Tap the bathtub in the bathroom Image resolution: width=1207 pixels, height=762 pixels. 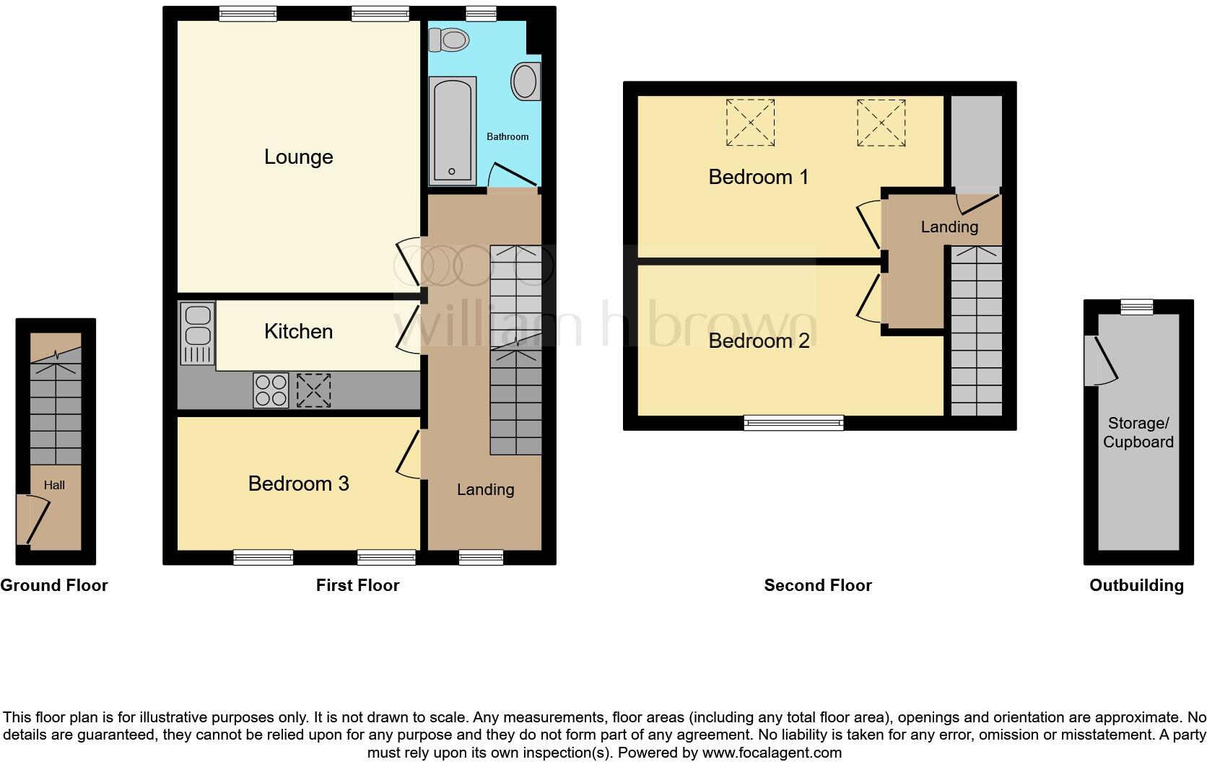click(453, 130)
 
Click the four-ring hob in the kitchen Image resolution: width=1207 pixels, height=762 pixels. click(271, 390)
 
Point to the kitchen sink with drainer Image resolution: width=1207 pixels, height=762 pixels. click(197, 333)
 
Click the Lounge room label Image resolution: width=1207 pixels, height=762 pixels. click(298, 157)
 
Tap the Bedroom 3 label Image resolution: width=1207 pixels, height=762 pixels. click(298, 483)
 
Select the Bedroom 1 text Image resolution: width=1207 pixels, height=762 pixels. click(758, 177)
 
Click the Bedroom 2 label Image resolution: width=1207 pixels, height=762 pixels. click(759, 341)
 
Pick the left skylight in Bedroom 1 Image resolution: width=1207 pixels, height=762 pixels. click(750, 123)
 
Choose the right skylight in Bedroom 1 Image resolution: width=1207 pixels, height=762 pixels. click(881, 123)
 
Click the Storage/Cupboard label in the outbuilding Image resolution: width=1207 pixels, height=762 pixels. click(1138, 432)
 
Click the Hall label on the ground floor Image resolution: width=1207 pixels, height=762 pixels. click(54, 485)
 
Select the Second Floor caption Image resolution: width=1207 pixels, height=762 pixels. click(817, 585)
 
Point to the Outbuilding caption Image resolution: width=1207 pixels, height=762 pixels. click(1136, 585)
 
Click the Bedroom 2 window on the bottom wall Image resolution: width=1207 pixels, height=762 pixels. click(793, 423)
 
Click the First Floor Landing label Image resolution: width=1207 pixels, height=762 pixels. click(485, 489)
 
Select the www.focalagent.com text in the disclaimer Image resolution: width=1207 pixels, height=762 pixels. click(772, 753)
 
